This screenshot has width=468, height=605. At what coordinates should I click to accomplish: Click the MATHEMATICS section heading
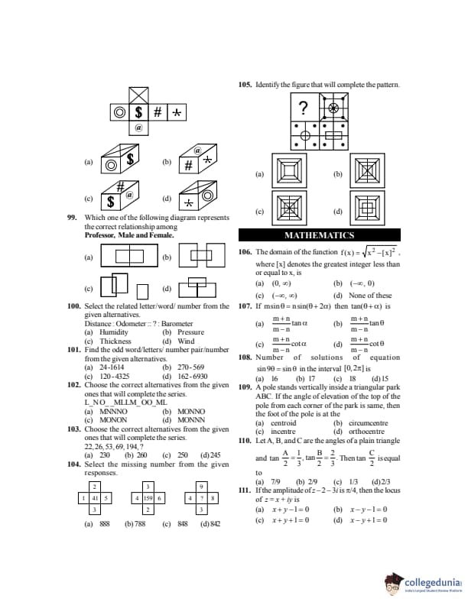coord(319,235)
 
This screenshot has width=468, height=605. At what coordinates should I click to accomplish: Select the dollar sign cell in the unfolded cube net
coord(139,112)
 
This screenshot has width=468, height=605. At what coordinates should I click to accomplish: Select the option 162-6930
coord(191,376)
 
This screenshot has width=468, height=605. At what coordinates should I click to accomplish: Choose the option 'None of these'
coord(372,296)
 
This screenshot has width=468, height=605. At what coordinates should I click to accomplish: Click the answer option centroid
coord(282,422)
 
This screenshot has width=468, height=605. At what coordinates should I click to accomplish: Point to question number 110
coord(245,441)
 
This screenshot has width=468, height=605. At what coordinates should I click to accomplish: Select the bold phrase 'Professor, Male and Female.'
coord(128,235)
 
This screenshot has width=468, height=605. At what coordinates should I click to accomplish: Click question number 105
coord(245,84)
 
